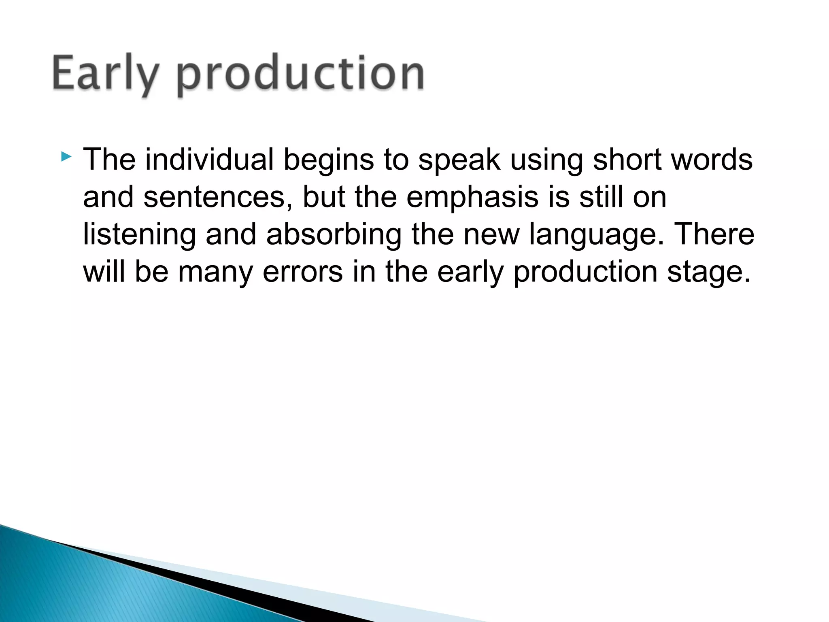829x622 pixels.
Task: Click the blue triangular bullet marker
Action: pyautogui.click(x=66, y=156)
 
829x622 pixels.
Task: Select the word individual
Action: pyautogui.click(x=209, y=159)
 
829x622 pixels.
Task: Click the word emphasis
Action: pyautogui.click(x=473, y=197)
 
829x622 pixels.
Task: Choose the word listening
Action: pyautogui.click(x=139, y=234)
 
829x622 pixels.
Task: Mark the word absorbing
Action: pyautogui.click(x=334, y=234)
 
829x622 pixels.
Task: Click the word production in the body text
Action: pyautogui.click(x=585, y=272)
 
